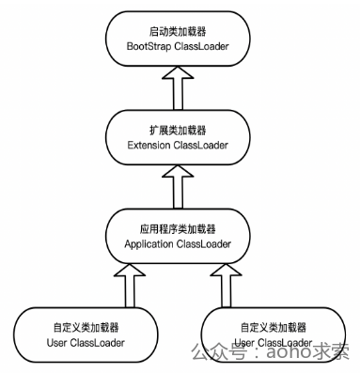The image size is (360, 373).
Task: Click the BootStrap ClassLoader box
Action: pos(179,39)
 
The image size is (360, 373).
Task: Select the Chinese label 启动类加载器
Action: pos(179,30)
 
